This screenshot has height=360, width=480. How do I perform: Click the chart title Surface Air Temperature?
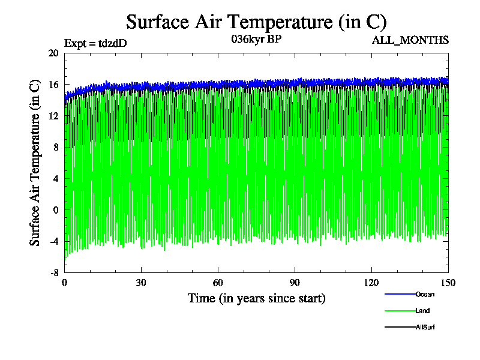(x=256, y=22)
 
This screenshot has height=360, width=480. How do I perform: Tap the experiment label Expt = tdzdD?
(x=95, y=43)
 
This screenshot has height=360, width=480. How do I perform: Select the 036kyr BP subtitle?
(x=256, y=40)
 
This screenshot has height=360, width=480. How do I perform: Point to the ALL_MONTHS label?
(x=410, y=40)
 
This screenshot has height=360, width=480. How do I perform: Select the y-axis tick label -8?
(x=53, y=272)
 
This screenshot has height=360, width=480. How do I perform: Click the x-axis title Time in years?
(x=256, y=298)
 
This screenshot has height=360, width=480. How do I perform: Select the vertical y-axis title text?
(x=35, y=162)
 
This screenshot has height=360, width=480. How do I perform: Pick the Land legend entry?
(x=422, y=311)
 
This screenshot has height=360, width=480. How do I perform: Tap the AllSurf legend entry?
(x=424, y=327)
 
